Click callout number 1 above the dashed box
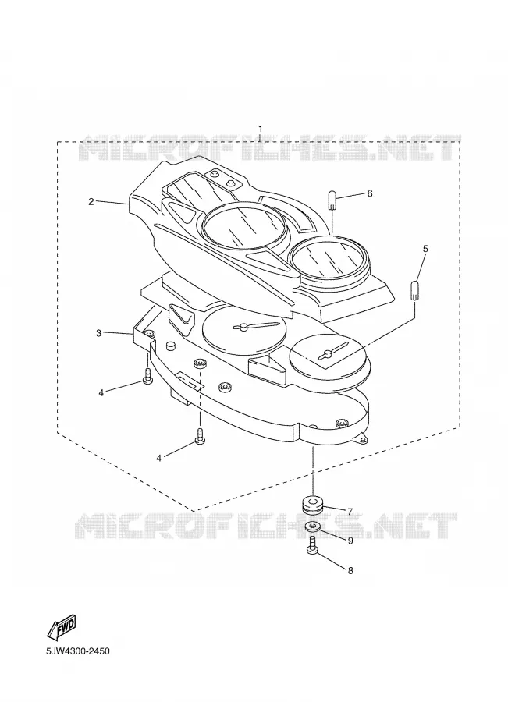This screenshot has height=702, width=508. click(x=261, y=129)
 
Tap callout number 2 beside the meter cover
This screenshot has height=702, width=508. click(x=91, y=202)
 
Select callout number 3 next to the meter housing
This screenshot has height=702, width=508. click(x=98, y=333)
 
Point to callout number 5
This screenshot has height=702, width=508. click(x=425, y=249)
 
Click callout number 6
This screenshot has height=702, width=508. click(x=370, y=193)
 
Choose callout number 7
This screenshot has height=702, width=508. click(x=350, y=511)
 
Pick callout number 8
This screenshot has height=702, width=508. click(x=350, y=570)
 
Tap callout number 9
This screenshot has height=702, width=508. click(x=350, y=541)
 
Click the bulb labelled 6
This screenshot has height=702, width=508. click(x=332, y=200)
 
